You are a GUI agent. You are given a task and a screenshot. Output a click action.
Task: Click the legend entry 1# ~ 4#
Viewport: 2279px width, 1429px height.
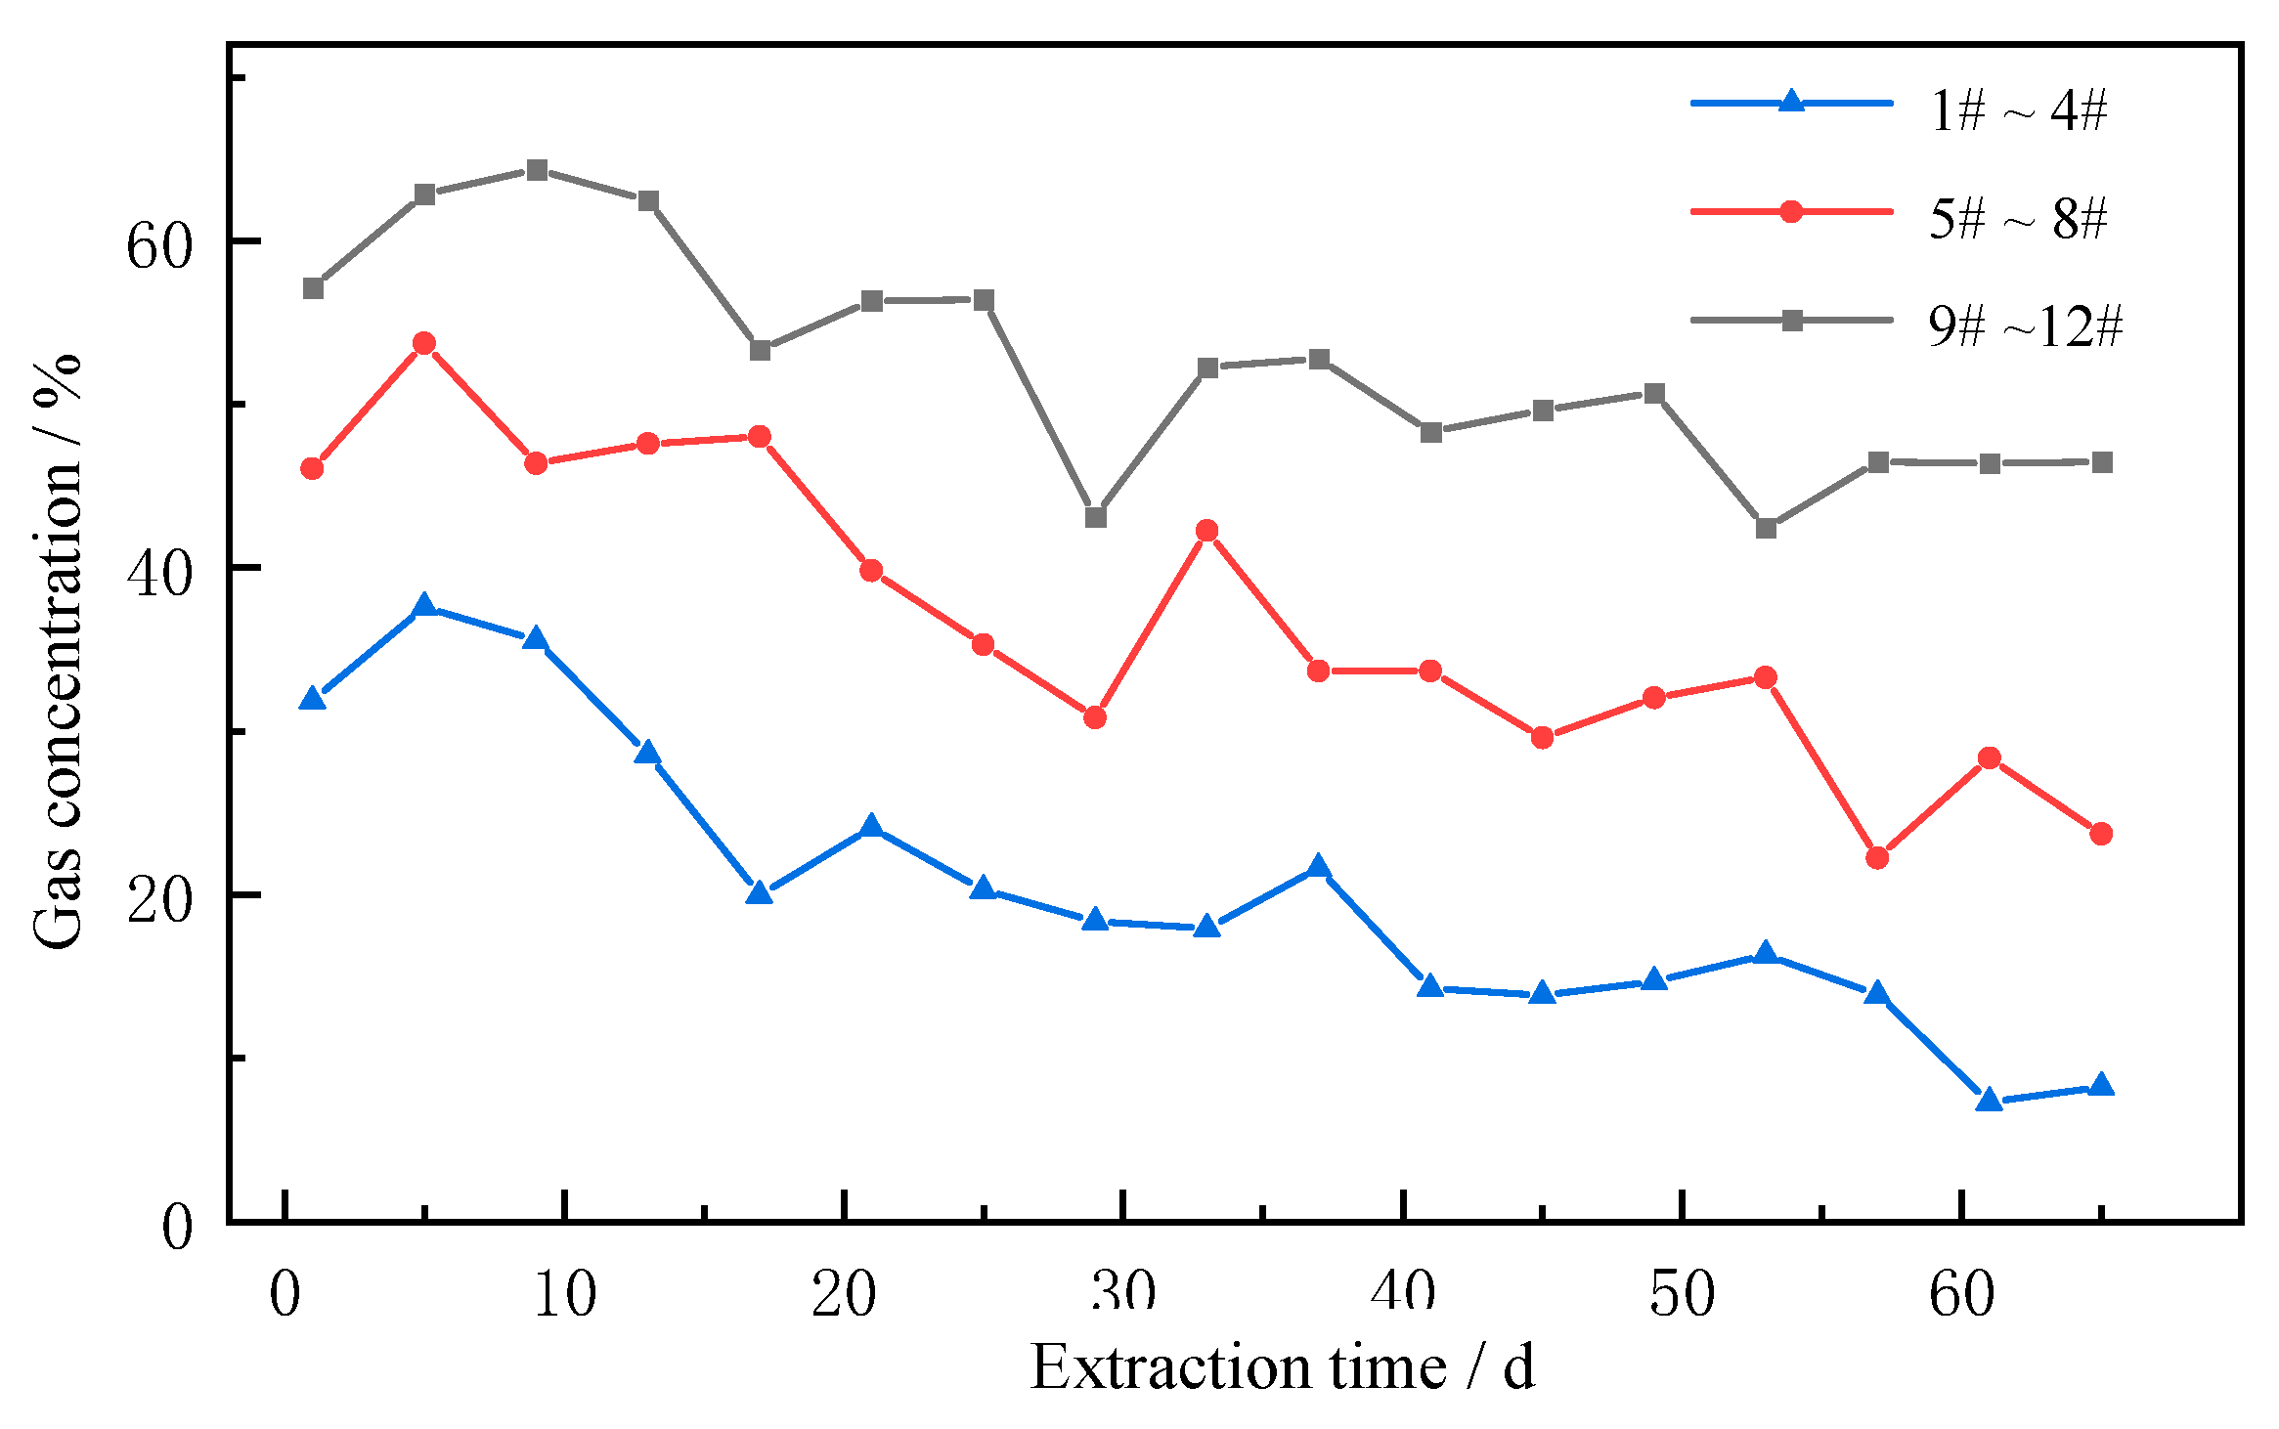2017,109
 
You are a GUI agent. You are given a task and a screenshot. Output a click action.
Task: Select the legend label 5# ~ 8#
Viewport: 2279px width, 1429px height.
2017,217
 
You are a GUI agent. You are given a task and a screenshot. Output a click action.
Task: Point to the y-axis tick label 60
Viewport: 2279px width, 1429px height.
157,244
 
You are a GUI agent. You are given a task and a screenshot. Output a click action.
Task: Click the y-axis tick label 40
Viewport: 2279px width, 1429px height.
157,572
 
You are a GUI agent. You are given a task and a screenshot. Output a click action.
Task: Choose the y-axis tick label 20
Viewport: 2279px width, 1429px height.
157,898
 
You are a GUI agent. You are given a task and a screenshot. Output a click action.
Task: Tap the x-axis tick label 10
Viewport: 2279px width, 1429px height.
564,1294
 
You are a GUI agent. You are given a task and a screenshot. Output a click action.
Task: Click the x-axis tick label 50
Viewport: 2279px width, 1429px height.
1682,1294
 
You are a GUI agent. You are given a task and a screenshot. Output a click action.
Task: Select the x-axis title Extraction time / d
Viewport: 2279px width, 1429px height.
1282,1366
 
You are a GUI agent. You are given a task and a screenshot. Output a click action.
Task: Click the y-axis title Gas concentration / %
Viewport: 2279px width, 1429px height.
57,650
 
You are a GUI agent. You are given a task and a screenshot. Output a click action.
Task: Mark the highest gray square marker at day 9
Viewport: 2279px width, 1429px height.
537,171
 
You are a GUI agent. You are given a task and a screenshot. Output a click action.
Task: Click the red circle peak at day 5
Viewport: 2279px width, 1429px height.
424,343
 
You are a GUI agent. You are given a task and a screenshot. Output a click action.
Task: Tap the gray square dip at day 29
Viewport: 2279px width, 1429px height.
1096,517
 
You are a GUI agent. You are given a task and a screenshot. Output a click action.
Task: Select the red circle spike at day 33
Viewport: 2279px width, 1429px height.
1207,531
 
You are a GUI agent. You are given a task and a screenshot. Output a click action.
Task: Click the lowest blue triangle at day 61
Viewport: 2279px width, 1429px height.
1989,1101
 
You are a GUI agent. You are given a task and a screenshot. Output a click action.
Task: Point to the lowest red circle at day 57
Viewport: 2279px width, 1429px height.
1877,858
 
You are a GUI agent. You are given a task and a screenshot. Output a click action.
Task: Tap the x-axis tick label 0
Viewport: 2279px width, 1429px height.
285,1294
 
